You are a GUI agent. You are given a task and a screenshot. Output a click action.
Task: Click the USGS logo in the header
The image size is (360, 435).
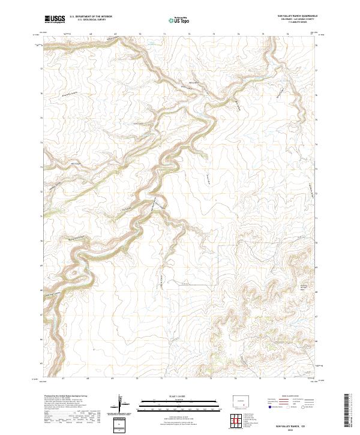click(x=53, y=20)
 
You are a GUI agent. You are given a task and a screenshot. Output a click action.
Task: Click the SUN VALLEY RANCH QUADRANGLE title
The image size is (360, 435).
click(x=296, y=16)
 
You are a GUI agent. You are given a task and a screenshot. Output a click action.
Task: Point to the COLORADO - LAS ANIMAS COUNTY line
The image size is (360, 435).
click(x=296, y=19)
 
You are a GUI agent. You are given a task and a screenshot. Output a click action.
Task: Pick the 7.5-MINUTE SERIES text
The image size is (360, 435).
click(x=296, y=23)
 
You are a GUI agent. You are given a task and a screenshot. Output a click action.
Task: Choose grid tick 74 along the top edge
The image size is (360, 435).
click(x=238, y=35)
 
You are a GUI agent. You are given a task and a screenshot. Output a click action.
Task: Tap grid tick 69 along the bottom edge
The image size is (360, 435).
click(x=113, y=379)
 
